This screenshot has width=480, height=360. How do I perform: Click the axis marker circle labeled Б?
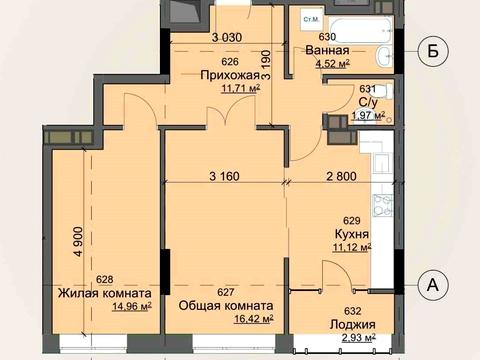pyautogui.click(x=431, y=51)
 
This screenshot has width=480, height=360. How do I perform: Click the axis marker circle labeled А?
pyautogui.click(x=433, y=285)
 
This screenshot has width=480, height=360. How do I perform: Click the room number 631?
pyautogui.click(x=366, y=88)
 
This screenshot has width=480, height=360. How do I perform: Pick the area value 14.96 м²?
pyautogui.click(x=132, y=308)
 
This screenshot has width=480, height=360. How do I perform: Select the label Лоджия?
pyautogui.click(x=352, y=326)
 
